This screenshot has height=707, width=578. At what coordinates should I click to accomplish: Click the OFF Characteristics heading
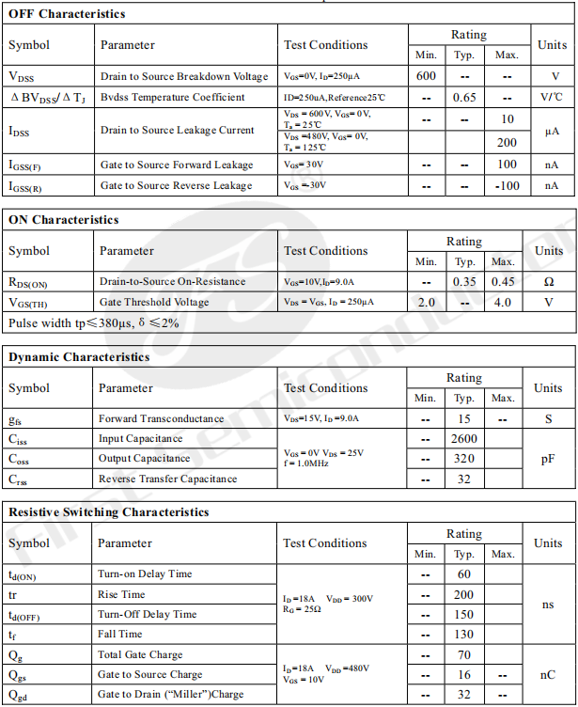(67, 14)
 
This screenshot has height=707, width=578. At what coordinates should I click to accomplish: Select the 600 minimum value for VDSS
(426, 76)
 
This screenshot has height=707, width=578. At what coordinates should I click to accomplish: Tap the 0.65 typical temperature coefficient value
(464, 97)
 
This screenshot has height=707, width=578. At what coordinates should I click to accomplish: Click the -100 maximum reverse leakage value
(507, 185)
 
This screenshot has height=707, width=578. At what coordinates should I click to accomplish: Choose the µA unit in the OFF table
(552, 132)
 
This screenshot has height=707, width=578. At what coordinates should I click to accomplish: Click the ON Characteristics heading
(64, 220)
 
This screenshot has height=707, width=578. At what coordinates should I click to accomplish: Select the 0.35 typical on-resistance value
(464, 281)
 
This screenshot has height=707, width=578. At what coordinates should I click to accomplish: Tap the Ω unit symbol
(549, 281)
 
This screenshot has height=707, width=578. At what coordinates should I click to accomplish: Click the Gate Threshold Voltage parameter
(153, 302)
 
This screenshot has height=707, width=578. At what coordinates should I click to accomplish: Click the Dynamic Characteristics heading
(79, 357)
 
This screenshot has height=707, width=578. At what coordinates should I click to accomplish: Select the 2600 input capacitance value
(464, 438)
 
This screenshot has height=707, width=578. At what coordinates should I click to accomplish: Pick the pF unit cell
(548, 459)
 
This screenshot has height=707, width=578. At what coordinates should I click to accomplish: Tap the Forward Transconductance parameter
(161, 418)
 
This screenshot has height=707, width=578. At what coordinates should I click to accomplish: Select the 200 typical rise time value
(464, 594)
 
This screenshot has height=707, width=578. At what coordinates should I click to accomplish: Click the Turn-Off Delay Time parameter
(147, 614)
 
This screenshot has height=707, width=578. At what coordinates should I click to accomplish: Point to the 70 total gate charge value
(464, 654)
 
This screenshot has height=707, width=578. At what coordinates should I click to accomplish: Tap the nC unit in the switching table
(548, 674)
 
